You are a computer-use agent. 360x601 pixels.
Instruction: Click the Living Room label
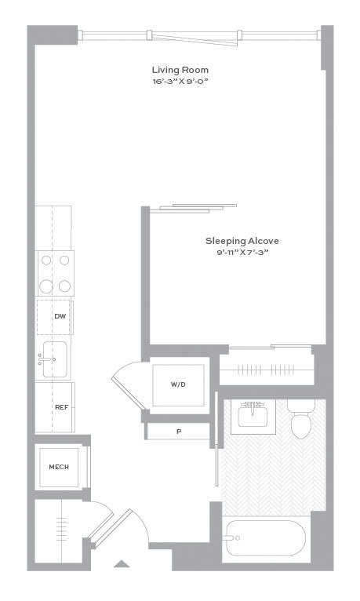click(x=180, y=70)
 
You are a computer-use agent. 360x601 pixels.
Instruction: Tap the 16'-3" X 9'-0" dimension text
click(x=180, y=82)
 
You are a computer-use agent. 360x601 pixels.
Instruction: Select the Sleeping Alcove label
click(x=242, y=241)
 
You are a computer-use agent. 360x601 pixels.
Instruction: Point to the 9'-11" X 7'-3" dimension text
click(x=242, y=253)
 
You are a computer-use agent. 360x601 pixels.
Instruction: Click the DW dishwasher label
click(x=60, y=317)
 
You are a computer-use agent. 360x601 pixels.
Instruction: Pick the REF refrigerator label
click(x=62, y=407)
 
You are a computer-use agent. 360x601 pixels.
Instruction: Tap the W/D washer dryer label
click(x=178, y=384)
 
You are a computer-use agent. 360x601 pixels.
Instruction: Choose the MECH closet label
click(x=59, y=467)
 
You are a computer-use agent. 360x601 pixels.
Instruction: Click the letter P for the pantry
click(x=179, y=432)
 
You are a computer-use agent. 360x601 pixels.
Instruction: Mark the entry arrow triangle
click(x=122, y=563)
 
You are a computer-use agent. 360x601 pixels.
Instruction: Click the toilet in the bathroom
click(x=301, y=419)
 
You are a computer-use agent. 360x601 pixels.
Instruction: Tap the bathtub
click(x=266, y=537)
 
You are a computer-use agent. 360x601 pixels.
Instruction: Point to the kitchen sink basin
click(x=55, y=359)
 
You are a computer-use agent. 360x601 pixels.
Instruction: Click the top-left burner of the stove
click(x=46, y=260)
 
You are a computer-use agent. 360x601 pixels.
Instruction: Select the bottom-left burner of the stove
click(x=46, y=286)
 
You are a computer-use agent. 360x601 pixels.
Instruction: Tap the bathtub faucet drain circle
click(x=238, y=538)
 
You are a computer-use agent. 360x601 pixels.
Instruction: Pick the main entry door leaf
click(x=111, y=528)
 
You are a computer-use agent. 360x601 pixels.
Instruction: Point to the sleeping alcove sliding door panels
click(x=194, y=208)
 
